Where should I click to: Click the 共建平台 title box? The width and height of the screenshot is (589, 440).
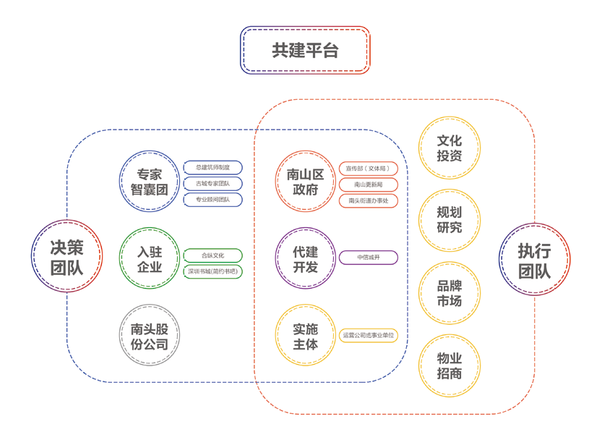pyautogui.click(x=305, y=50)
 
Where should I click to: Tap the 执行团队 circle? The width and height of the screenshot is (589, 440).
pyautogui.click(x=535, y=259)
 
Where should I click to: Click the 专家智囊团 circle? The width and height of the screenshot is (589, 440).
pyautogui.click(x=150, y=182)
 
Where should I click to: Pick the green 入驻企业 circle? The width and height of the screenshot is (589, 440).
pyautogui.click(x=150, y=258)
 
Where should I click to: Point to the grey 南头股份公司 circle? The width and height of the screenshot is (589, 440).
pyautogui.click(x=150, y=335)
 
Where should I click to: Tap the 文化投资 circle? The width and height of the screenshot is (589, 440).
pyautogui.click(x=450, y=148)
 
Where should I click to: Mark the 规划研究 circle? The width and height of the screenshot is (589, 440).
pyautogui.click(x=450, y=220)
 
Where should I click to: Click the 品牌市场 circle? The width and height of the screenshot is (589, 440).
pyautogui.click(x=450, y=292)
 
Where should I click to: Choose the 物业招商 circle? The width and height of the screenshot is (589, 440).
pyautogui.click(x=450, y=365)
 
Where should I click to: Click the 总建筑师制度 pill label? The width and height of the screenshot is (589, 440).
pyautogui.click(x=213, y=168)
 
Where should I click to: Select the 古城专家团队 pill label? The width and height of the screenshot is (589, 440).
pyautogui.click(x=213, y=184)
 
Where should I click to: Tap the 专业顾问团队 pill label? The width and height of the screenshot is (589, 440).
pyautogui.click(x=213, y=200)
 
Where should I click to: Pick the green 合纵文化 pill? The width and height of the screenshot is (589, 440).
pyautogui.click(x=213, y=255)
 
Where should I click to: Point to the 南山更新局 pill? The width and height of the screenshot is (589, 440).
pyautogui.click(x=369, y=185)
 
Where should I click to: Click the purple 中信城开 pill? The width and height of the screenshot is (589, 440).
pyautogui.click(x=369, y=258)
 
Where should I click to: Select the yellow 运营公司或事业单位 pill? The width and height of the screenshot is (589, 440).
pyautogui.click(x=369, y=336)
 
